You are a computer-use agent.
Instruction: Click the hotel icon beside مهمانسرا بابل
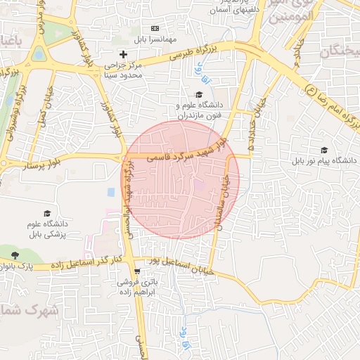click(x=155, y=29)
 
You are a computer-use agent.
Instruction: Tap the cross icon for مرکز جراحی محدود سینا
click(x=124, y=54)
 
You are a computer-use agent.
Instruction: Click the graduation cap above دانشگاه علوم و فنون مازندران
click(x=199, y=94)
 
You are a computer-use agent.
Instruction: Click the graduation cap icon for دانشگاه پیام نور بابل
click(x=324, y=150)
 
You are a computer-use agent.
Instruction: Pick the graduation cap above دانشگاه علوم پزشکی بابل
click(x=47, y=213)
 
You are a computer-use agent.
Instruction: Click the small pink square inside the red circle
click(x=200, y=185)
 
